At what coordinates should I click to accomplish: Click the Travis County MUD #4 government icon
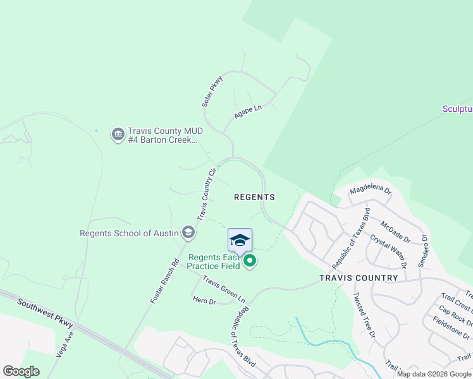point(118,135)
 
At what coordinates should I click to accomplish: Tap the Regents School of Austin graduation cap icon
point(188,233)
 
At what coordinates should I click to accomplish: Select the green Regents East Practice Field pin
point(250,260)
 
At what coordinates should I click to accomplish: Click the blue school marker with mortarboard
point(240,241)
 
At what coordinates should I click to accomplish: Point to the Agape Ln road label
point(248,112)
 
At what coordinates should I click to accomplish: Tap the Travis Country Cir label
point(207,193)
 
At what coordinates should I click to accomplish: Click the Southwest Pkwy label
point(46,313)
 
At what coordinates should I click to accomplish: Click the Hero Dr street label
point(204,302)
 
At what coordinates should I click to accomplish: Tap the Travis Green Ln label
point(224,287)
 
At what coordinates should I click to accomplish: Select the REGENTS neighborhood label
point(254,197)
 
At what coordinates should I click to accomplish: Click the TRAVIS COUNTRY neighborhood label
point(359,278)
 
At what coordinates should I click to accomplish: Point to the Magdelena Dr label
point(371,189)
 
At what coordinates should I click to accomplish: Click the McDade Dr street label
point(396,232)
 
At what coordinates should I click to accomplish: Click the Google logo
point(21,371)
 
